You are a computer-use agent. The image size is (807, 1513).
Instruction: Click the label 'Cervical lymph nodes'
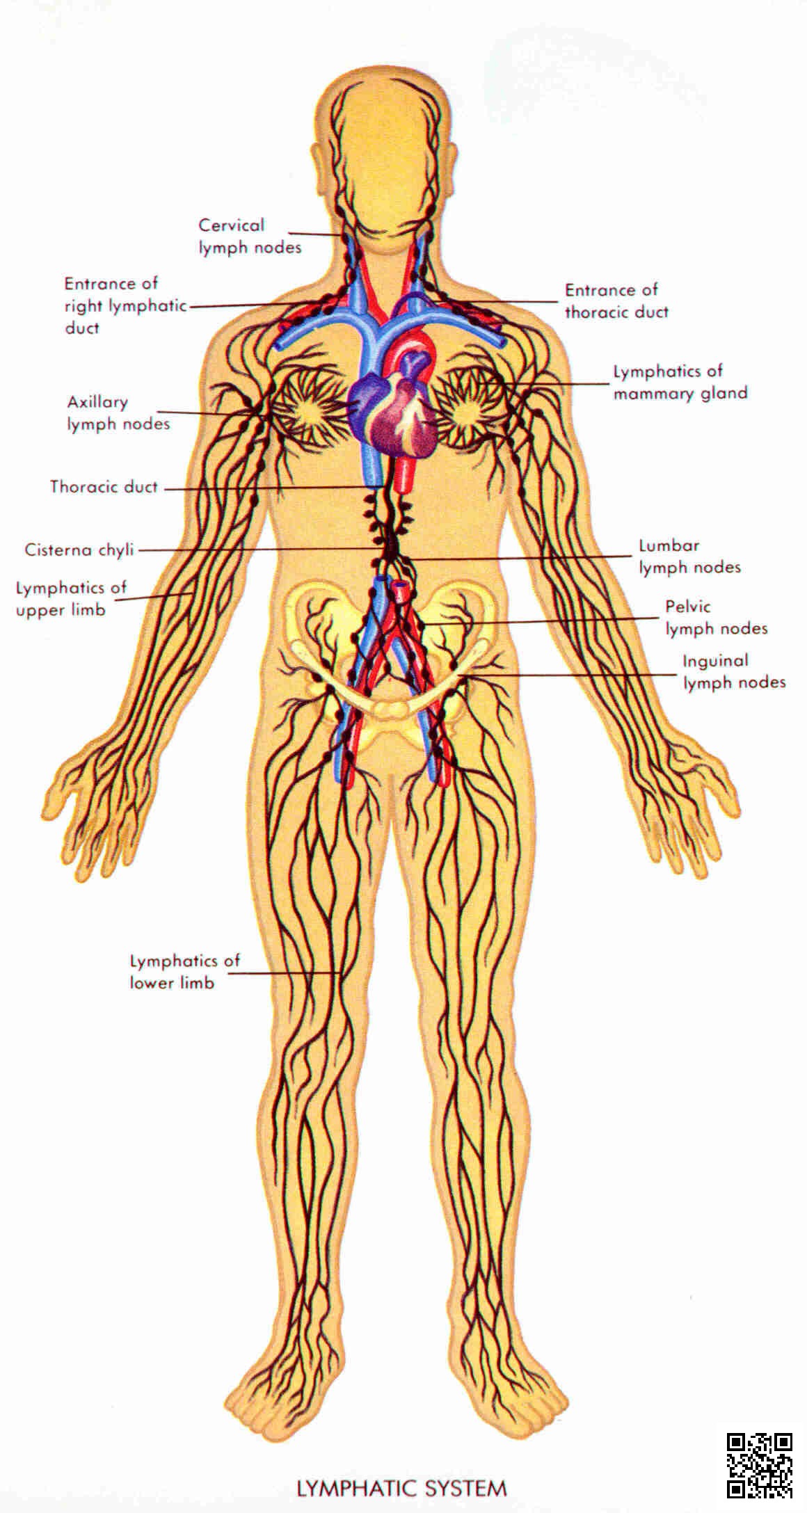(x=250, y=236)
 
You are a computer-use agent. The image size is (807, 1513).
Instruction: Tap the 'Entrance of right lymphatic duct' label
(x=125, y=305)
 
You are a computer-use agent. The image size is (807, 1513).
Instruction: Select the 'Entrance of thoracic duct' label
(x=616, y=301)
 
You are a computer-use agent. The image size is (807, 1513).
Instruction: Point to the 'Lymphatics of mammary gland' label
(x=680, y=382)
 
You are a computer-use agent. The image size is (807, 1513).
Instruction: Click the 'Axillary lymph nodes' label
(x=118, y=413)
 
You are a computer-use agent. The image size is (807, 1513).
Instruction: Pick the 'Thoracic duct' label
(x=104, y=487)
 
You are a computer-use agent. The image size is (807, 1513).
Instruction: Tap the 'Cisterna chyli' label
(x=79, y=550)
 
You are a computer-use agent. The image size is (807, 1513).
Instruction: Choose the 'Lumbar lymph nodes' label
(x=689, y=557)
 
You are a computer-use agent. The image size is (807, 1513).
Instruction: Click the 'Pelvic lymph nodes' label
(x=716, y=618)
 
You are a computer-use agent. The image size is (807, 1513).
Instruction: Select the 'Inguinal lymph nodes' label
(x=734, y=671)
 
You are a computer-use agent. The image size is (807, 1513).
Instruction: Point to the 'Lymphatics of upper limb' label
(x=71, y=598)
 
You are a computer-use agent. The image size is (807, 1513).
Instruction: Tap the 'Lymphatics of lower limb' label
(x=184, y=971)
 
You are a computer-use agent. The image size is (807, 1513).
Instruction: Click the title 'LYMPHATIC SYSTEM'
(x=401, y=1489)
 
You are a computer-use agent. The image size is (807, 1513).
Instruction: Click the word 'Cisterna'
(x=58, y=550)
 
